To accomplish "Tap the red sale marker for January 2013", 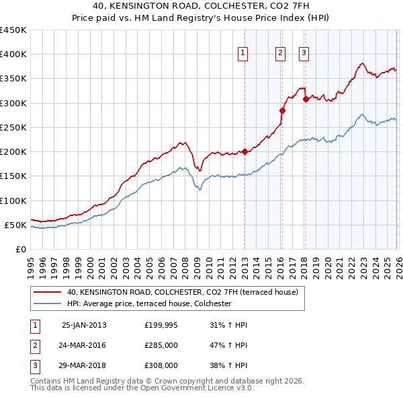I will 244,151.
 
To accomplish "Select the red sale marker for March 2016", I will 282,110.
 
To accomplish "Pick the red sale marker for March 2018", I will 306,99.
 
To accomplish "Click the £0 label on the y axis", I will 20,249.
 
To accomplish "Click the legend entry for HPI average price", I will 149,304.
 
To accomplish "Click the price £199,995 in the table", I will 161,325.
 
